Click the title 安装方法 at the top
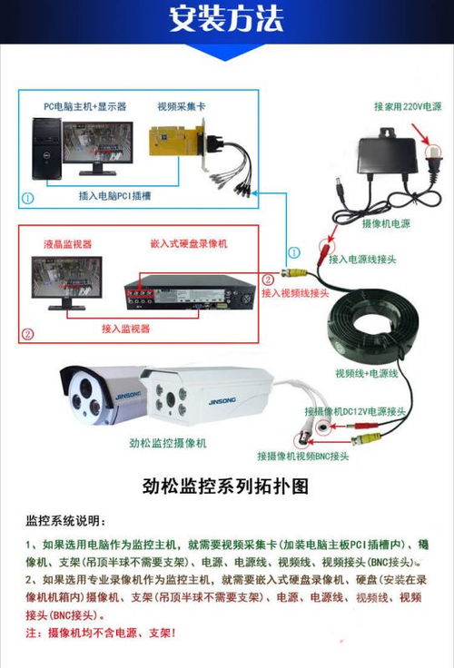(226, 20)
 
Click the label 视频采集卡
(181, 106)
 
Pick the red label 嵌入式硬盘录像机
(188, 244)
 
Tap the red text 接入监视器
(125, 328)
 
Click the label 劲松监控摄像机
(168, 443)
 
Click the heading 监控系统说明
(65, 523)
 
